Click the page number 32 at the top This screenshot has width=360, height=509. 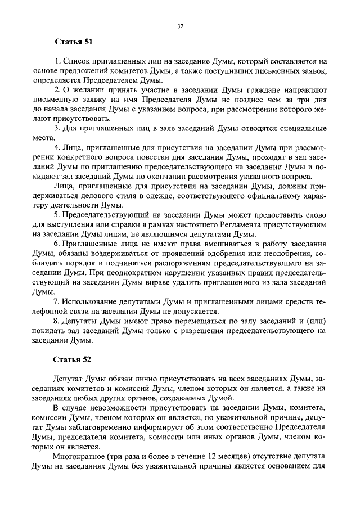(181, 26)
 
